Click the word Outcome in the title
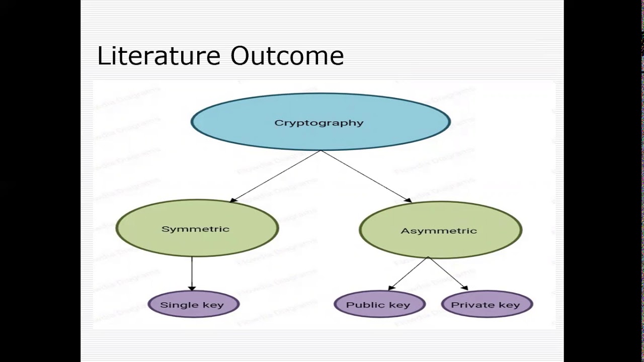tap(287, 56)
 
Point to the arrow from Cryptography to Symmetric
tap(275, 176)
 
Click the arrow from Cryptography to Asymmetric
tap(366, 176)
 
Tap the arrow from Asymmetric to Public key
tap(409, 274)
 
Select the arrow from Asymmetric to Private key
tap(448, 274)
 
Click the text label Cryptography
tap(319, 123)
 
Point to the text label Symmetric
tap(195, 229)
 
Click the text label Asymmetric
tap(439, 231)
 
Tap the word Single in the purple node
tap(174, 305)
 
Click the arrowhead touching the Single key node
tap(192, 288)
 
